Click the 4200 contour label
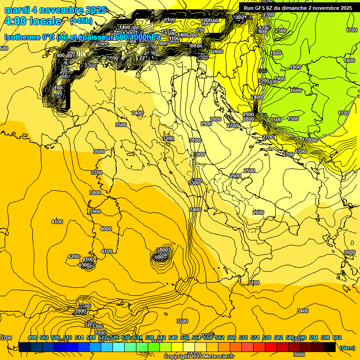[74, 256]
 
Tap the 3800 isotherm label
[95, 193]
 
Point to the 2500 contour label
[250, 171]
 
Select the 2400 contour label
[256, 97]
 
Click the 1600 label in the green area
[296, 90]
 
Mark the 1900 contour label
[280, 79]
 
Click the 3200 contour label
[168, 138]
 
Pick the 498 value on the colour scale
[32, 337]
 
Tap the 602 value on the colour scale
[337, 337]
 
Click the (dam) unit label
[347, 348]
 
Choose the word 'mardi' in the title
[17, 10]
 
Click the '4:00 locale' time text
[32, 21]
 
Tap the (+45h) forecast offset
[81, 21]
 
